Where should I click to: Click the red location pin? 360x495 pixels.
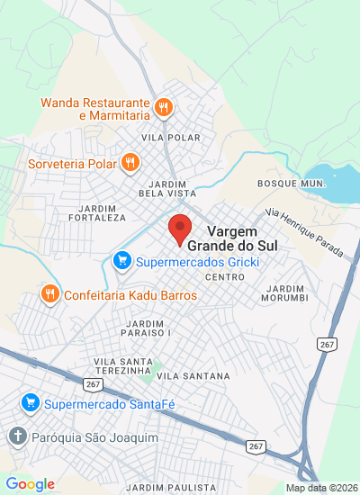tap(180, 229)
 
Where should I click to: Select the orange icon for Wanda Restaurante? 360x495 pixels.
tap(163, 108)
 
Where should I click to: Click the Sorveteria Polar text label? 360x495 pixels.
tap(70, 163)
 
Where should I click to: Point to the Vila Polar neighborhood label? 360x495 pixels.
tap(165, 137)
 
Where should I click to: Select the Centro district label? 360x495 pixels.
tap(225, 276)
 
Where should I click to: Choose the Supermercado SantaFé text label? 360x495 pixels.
tap(110, 403)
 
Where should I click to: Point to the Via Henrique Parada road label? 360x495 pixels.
tap(304, 231)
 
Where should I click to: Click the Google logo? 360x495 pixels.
tap(30, 484)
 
